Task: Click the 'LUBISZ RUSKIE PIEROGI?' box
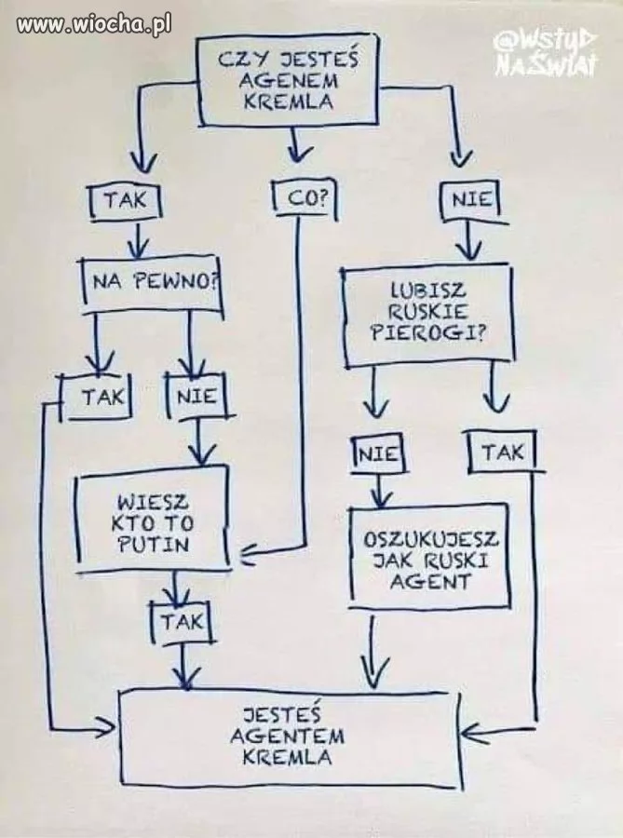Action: coord(428,314)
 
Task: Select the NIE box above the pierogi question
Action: coord(471,200)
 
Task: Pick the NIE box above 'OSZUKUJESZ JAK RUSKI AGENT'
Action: coord(377,454)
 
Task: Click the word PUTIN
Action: coord(154,543)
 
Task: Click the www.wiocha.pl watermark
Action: coord(94,25)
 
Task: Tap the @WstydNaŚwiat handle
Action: coord(545,53)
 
